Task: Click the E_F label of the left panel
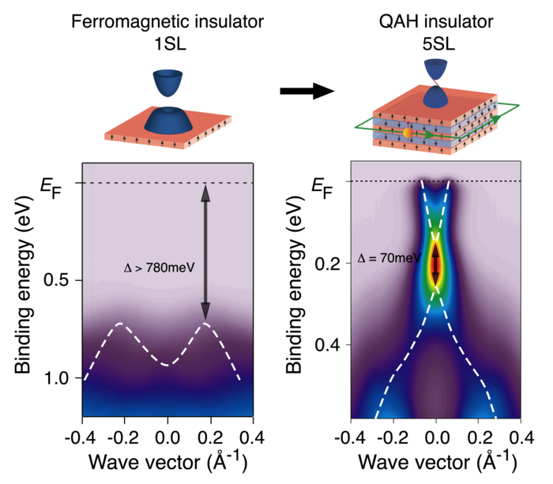click(x=51, y=186)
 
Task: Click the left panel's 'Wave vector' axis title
click(x=167, y=462)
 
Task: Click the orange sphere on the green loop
click(x=408, y=133)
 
